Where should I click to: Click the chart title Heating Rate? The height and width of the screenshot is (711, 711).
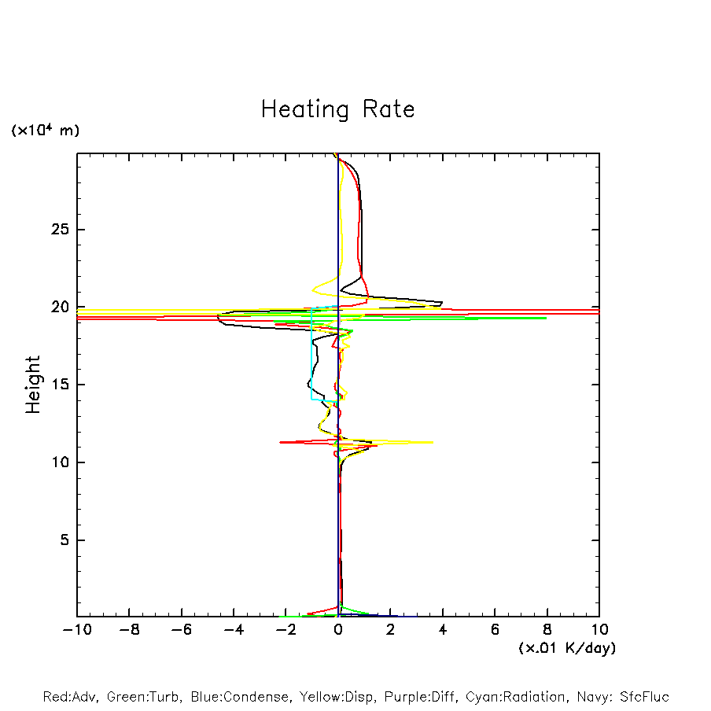[x=337, y=109]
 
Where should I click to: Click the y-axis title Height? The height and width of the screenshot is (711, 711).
[x=33, y=385]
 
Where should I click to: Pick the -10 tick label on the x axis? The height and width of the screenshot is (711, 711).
[x=76, y=630]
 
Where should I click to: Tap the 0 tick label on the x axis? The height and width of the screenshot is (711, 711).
[x=338, y=630]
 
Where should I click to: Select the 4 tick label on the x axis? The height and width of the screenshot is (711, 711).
[x=443, y=630]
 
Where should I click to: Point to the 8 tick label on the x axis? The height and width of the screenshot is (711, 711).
[x=547, y=630]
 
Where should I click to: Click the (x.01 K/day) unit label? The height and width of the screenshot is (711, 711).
[x=566, y=648]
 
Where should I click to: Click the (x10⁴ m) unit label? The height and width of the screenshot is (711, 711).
[x=45, y=131]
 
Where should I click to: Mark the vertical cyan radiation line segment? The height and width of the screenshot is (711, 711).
[x=312, y=354]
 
